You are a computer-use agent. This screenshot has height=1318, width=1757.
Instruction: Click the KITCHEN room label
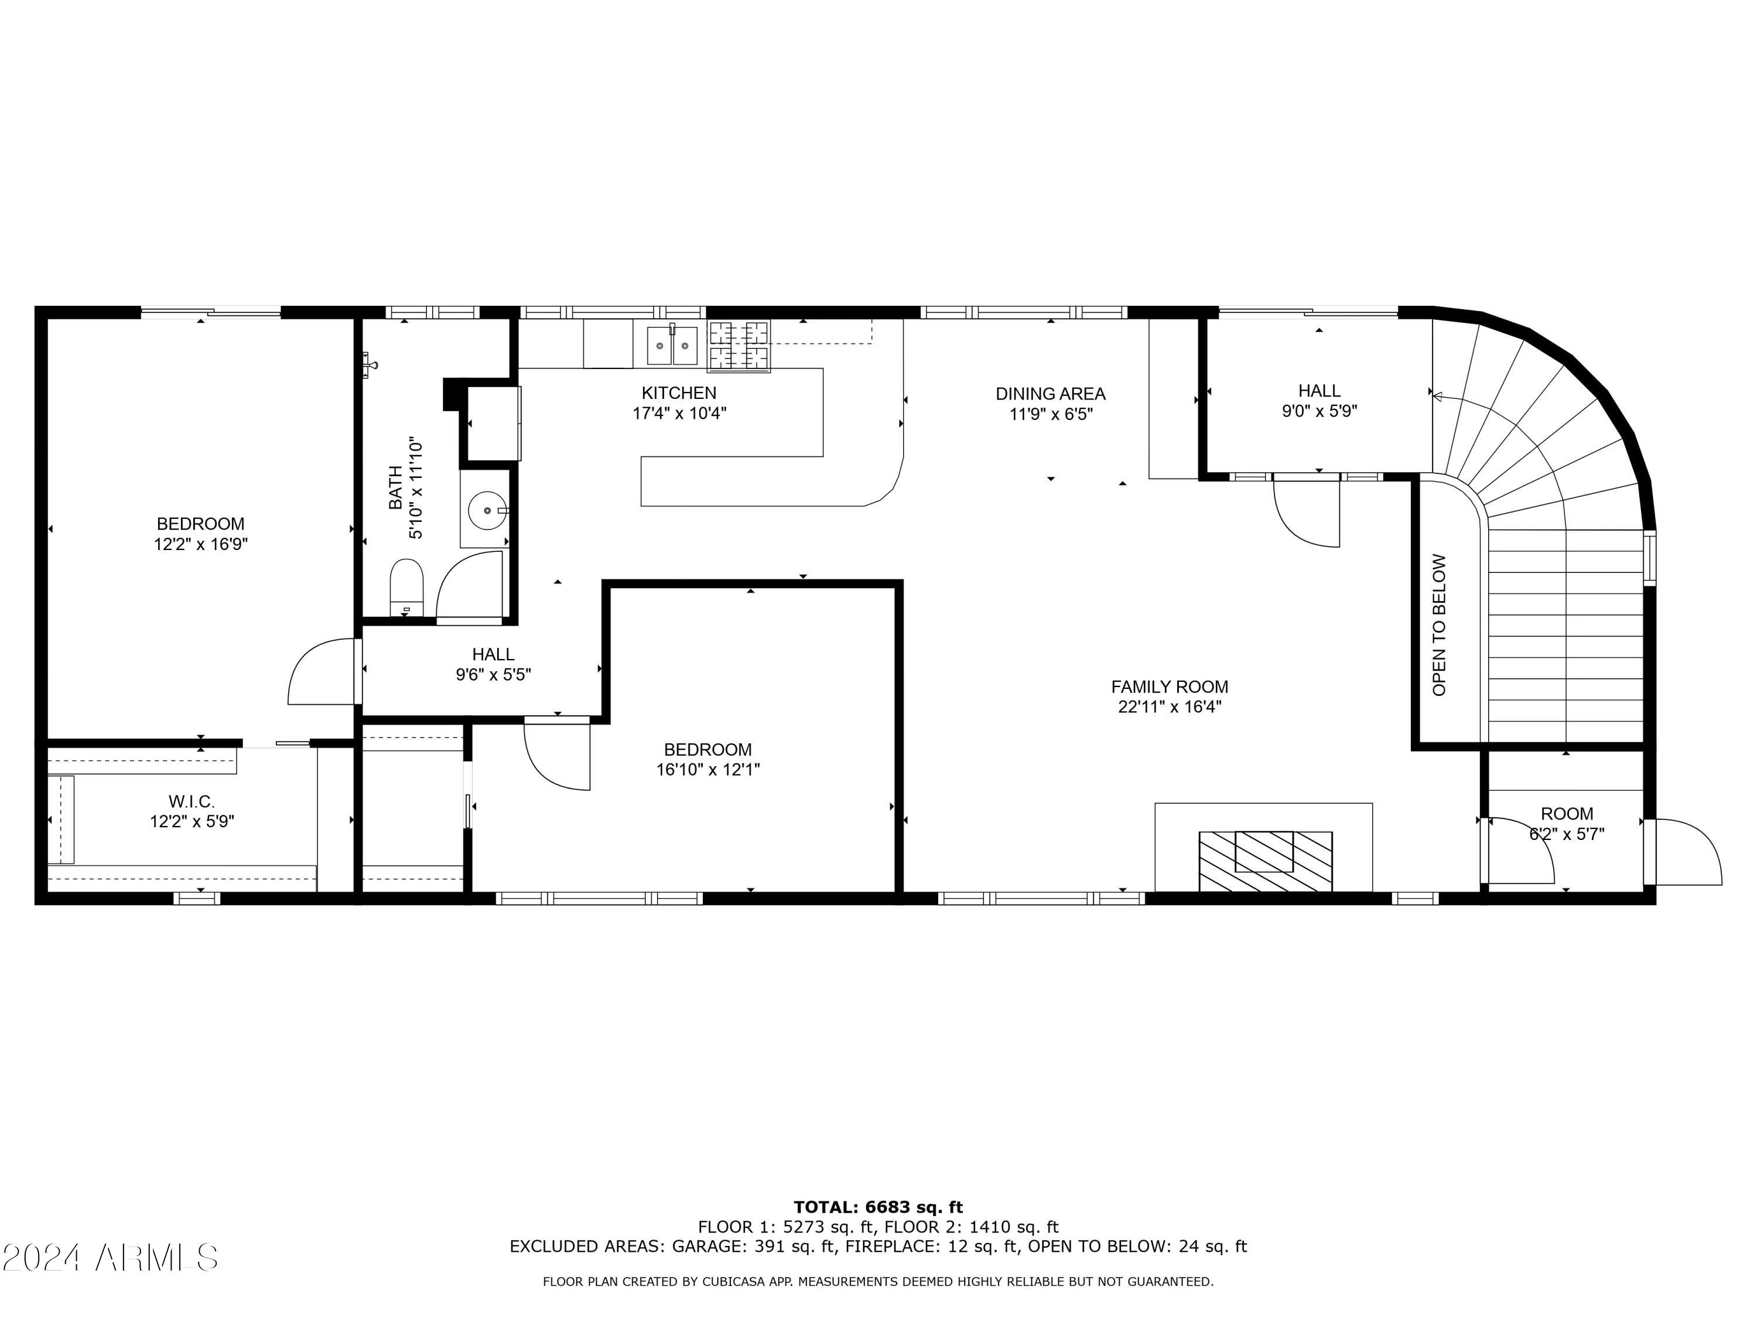coord(679,392)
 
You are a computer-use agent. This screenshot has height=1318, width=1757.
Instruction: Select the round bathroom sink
coord(486,509)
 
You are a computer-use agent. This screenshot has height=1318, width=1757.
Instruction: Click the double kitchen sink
coord(672,346)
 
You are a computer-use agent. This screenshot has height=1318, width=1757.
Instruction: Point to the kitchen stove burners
coord(740,346)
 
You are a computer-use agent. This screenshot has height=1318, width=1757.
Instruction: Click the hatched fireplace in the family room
coord(1265,861)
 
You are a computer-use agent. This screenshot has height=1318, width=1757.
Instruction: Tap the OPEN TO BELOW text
coord(1440,624)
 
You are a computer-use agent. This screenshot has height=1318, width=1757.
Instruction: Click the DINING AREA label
coord(1050,393)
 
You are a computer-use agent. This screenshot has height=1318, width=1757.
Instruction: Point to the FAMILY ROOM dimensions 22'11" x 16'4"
coord(1169,707)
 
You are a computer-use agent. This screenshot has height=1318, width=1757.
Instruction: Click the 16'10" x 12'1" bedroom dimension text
coord(707,769)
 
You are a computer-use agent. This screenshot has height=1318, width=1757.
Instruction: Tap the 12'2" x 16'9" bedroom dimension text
coord(201,544)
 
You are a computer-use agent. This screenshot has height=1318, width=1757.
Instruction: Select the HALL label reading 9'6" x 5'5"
coord(493,664)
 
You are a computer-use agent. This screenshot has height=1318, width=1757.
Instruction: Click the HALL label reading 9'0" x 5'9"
coord(1320,401)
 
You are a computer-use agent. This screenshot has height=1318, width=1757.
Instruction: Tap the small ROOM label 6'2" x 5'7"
coord(1567,824)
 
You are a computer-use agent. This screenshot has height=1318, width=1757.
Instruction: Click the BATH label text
coord(395,488)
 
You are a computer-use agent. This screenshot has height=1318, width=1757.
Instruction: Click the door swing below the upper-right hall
coord(1306,513)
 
